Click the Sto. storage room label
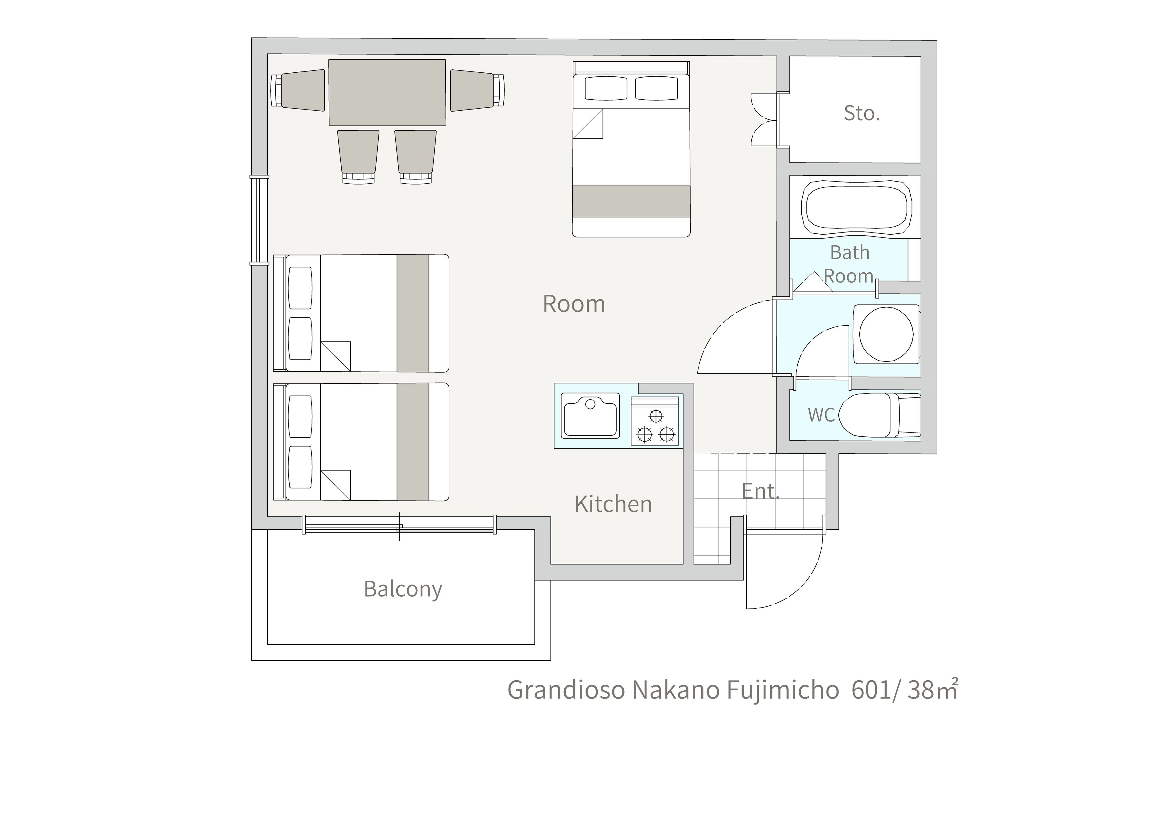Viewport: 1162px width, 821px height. [862, 113]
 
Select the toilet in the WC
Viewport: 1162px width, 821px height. [880, 415]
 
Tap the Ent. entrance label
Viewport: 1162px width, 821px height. [761, 491]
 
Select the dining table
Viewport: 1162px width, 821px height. [387, 93]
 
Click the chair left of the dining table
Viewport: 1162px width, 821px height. [298, 90]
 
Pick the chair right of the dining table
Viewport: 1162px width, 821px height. [477, 90]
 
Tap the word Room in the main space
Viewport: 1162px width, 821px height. [574, 304]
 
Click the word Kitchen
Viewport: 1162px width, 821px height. [614, 504]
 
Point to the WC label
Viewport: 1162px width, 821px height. [821, 415]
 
